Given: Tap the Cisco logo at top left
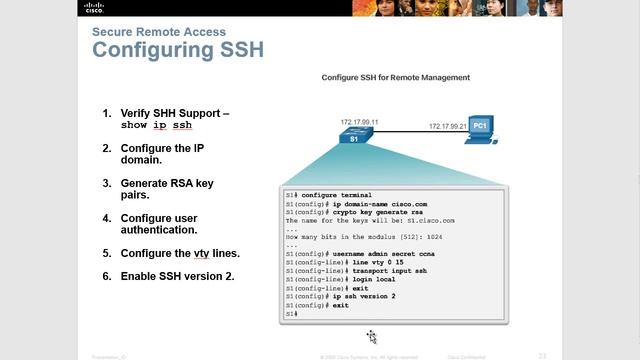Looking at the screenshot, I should pyautogui.click(x=21, y=9).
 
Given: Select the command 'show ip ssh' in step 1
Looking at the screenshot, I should pyautogui.click(x=156, y=126).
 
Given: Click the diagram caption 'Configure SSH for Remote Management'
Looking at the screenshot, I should pyautogui.click(x=395, y=77).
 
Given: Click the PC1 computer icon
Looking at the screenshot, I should pyautogui.click(x=478, y=132).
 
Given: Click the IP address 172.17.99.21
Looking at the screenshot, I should pyautogui.click(x=447, y=127).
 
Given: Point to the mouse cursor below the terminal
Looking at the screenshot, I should pyautogui.click(x=371, y=336).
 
